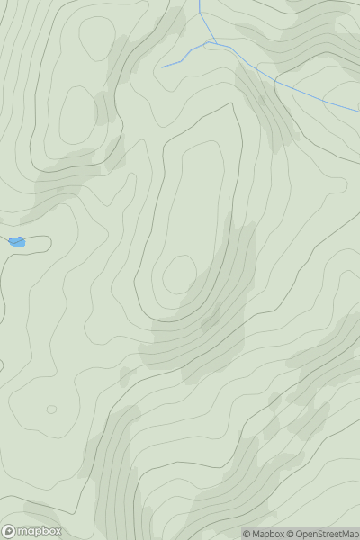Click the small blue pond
coord(17,241)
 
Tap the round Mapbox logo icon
coord(9,531)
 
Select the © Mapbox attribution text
coord(263,534)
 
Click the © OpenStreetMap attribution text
coord(323,534)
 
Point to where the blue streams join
coord(210,41)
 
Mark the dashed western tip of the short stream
coord(163,67)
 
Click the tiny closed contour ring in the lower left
coord(51,409)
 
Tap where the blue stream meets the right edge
coord(358,112)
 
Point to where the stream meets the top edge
coord(199,2)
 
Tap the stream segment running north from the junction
coord(202,21)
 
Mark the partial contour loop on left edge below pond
coord(3,364)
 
